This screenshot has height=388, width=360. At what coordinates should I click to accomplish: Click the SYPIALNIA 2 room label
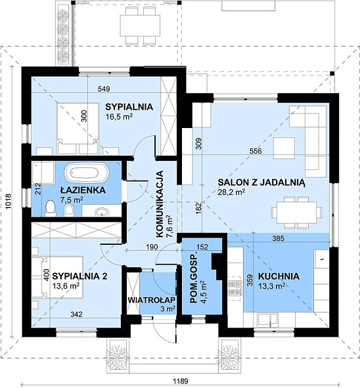point(79,276)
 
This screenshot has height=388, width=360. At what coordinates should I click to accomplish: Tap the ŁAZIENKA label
point(83,190)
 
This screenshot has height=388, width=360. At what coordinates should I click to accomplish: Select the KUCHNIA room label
point(279,276)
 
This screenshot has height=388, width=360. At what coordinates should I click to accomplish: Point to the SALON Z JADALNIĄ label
point(261,183)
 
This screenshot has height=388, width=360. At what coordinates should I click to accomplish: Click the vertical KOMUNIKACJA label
point(160,204)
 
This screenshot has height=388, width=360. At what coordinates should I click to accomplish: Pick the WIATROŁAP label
point(152,299)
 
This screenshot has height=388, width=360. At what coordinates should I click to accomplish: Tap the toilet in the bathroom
point(51,208)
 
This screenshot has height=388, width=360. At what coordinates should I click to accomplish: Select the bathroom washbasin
point(102,212)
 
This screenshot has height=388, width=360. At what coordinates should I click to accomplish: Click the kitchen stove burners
point(235,288)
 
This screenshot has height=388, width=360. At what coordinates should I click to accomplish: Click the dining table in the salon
point(296,213)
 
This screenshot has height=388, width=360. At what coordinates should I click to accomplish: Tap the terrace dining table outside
point(140,26)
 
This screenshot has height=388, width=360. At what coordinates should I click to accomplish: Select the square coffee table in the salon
point(284,148)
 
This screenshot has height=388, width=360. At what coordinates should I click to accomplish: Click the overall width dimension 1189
point(181,381)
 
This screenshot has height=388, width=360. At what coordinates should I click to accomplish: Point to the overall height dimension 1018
point(8,202)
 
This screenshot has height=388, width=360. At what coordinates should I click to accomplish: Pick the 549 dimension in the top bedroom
point(104,89)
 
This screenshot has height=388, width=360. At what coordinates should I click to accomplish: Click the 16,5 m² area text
point(119,116)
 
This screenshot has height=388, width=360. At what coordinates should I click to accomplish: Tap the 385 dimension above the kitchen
point(279,238)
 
